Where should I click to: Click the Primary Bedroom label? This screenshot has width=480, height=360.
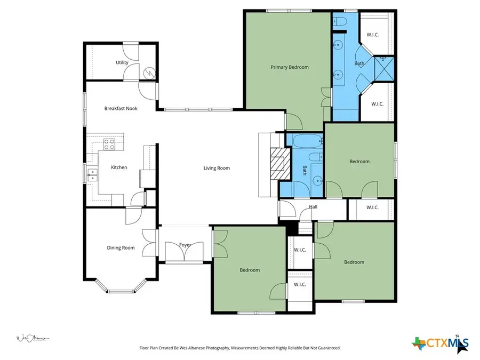(x=289, y=67)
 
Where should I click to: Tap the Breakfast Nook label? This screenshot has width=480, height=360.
(x=121, y=108)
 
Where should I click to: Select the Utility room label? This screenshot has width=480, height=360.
(x=122, y=62)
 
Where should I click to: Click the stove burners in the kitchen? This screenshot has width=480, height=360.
(x=109, y=142)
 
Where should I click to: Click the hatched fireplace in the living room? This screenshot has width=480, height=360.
(x=278, y=165)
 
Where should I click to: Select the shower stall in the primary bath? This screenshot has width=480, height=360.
(x=384, y=68)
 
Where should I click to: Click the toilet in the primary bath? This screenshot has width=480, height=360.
(x=340, y=21)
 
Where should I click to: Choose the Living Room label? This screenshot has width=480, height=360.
(x=217, y=168)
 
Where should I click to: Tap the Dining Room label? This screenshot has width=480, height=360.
(x=121, y=247)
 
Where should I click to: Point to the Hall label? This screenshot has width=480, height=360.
(x=314, y=207)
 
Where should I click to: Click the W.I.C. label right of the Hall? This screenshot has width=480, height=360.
(x=372, y=207)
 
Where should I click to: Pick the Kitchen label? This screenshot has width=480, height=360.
(x=119, y=167)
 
